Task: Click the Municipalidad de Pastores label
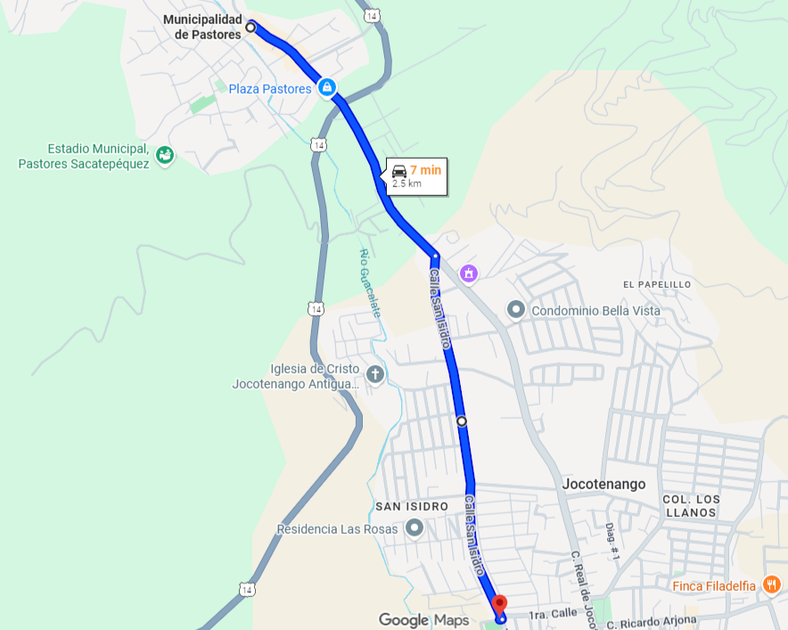[202, 27]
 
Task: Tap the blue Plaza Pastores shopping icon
[327, 87]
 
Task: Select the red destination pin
[499, 605]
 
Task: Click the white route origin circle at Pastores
[250, 28]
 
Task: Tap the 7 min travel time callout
[415, 176]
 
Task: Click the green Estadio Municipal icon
[165, 156]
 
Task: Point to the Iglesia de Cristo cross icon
[374, 374]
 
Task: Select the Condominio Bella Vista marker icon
[515, 310]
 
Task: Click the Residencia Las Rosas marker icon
[414, 528]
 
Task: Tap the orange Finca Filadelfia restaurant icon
[771, 585]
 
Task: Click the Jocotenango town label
[603, 484]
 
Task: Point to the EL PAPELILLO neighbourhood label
[657, 284]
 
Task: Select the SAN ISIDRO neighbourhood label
[411, 506]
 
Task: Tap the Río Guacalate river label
[370, 282]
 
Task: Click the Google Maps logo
[423, 619]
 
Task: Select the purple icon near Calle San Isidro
[469, 273]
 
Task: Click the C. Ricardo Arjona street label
[653, 620]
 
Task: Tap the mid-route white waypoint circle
[461, 421]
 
